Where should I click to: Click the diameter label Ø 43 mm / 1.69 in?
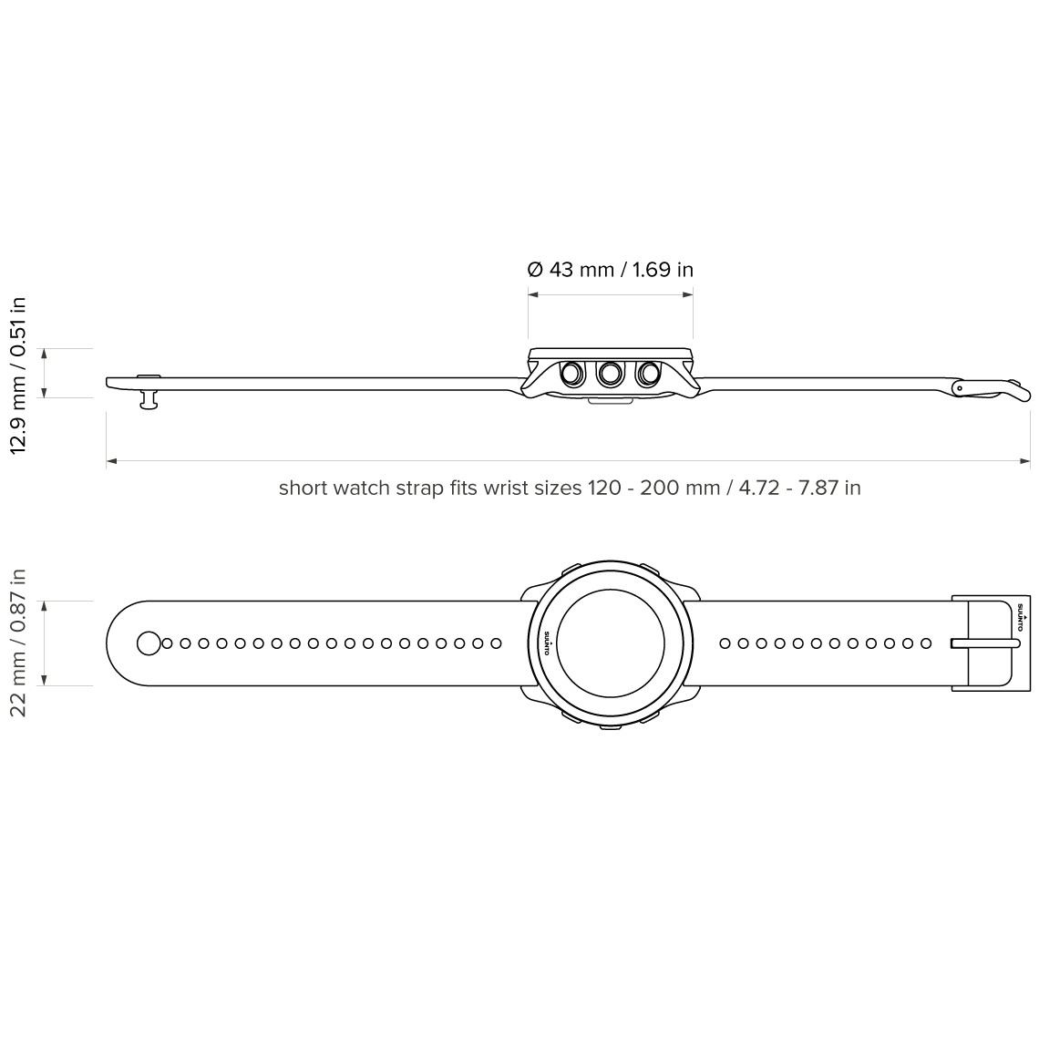611,270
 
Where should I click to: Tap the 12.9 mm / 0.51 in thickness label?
18,375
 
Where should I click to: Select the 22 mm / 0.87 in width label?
18,643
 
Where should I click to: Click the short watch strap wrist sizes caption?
570,488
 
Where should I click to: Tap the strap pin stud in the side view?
149,397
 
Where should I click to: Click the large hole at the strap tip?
148,643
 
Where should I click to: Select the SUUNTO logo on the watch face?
547,643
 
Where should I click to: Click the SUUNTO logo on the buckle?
1020,621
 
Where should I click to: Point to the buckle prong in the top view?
984,643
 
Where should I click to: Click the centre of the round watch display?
610,643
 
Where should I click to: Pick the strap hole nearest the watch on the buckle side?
725,643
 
